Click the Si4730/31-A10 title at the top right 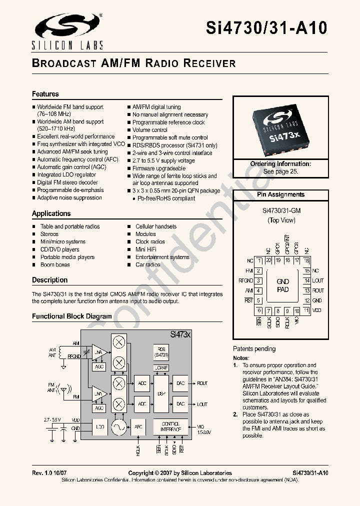pos(266,27)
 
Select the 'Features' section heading pos(45,94)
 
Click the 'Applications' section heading pos(51,213)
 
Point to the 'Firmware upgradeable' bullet pos(158,168)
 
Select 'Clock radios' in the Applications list pos(150,241)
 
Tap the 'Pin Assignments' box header pos(280,194)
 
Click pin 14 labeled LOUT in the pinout pos(306,280)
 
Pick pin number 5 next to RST pos(258,300)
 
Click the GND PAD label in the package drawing pos(282,285)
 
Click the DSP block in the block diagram pos(160,393)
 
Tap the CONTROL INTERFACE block pos(170,426)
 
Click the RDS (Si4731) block pos(161,351)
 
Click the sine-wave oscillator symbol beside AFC pos(119,426)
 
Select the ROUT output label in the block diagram pos(202,383)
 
